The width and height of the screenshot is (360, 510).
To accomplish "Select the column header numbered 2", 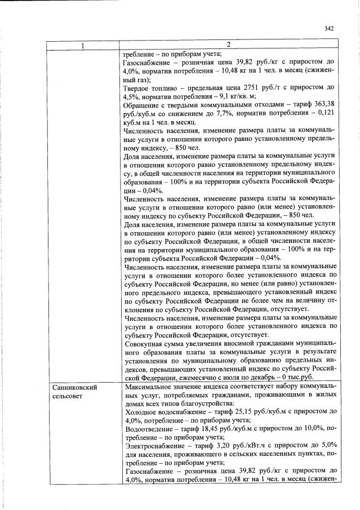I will (x=229, y=45).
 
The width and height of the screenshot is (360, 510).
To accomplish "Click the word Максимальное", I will (x=149, y=388).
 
